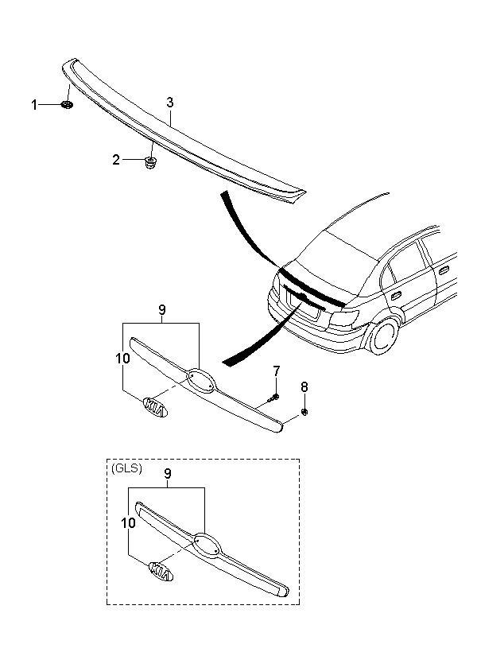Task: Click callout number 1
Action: [x=34, y=105]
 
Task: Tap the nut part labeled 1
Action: [x=67, y=105]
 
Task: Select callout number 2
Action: [x=116, y=160]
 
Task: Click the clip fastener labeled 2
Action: [x=150, y=162]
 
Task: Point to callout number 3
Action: [x=169, y=103]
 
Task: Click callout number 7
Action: [x=277, y=370]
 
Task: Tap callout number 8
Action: [x=304, y=387]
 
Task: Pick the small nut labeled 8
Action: [x=304, y=412]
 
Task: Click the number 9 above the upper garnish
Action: [x=162, y=310]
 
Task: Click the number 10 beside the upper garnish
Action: [x=122, y=358]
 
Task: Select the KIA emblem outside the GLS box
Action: [x=155, y=407]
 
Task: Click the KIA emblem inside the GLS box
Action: [x=161, y=572]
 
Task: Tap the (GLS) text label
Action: [x=127, y=468]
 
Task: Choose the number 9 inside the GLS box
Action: [x=168, y=474]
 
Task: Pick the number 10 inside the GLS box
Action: [x=129, y=522]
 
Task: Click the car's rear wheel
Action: [x=383, y=336]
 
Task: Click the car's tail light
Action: [x=344, y=318]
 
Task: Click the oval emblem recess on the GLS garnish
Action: [x=207, y=545]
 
